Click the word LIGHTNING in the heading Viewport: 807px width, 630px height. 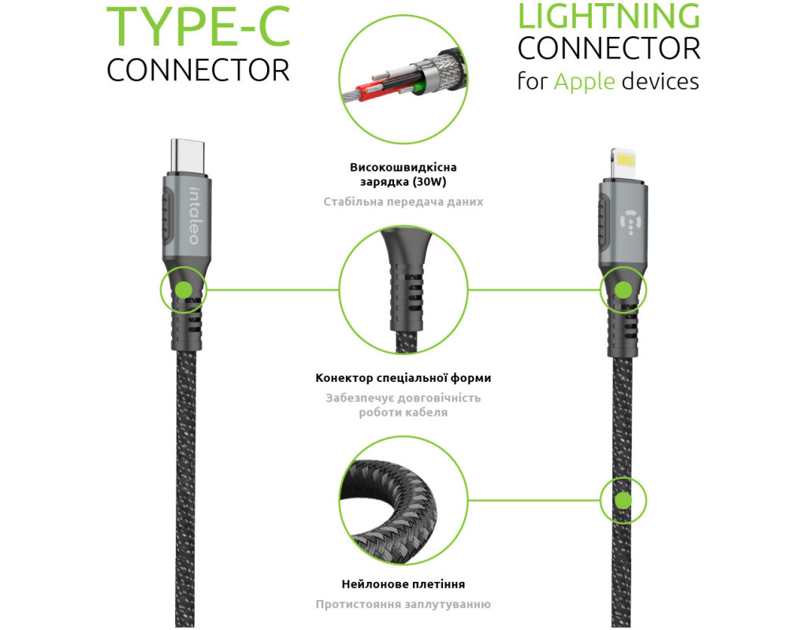coord(608,16)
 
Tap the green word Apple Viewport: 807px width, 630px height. coord(584,81)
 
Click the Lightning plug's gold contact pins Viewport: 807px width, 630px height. coord(625,161)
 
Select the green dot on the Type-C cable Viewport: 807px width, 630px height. coord(184,290)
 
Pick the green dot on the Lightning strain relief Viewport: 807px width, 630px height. coord(623,290)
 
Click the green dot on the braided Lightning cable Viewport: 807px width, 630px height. coord(623,500)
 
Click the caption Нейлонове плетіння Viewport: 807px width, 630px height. coord(403,584)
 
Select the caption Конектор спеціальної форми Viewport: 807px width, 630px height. coord(403,378)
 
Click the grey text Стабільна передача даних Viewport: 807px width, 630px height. coord(403,202)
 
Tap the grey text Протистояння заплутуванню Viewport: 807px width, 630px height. coord(403,604)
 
